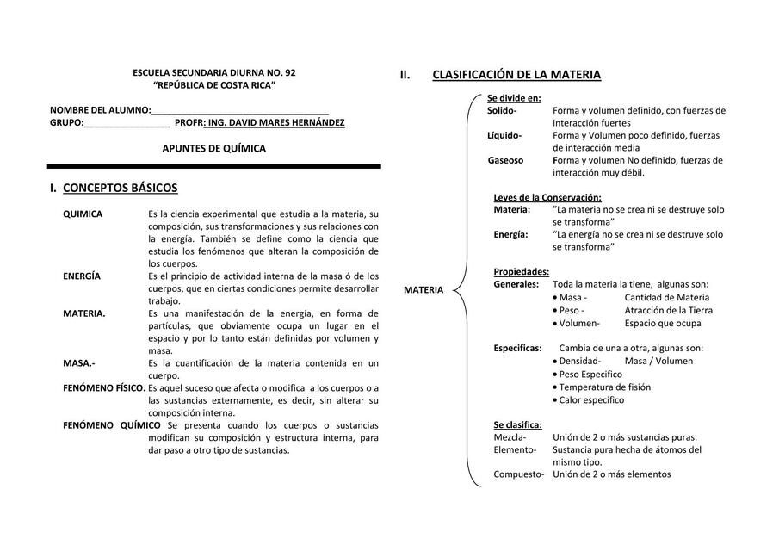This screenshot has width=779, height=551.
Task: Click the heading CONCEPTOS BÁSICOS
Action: coord(121,188)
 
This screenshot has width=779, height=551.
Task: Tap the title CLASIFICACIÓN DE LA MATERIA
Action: coord(516,75)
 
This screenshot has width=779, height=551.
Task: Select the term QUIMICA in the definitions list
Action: coord(83,214)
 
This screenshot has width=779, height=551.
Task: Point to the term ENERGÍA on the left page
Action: coord(82,275)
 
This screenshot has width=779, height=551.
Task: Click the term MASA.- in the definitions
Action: coord(79,363)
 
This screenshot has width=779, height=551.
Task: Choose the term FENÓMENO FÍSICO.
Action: coord(103,388)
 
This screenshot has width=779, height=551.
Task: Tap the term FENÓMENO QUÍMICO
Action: coord(111,425)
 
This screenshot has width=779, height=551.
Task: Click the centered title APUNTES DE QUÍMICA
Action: coord(214,148)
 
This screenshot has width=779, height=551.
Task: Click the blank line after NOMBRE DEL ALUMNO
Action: coord(240,111)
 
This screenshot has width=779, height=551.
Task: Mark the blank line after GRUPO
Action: coord(127,123)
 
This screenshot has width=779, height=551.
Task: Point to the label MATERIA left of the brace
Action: coord(424,290)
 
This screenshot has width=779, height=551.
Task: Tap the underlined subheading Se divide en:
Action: coord(514,98)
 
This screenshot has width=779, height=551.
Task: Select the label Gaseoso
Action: coord(505,160)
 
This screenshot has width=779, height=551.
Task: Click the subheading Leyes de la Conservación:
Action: coord(547,197)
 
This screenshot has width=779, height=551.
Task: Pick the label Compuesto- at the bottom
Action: coord(518,474)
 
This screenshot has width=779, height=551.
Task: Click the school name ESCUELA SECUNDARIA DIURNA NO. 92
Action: coord(214,73)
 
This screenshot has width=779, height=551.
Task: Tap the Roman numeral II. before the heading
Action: coord(405,75)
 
